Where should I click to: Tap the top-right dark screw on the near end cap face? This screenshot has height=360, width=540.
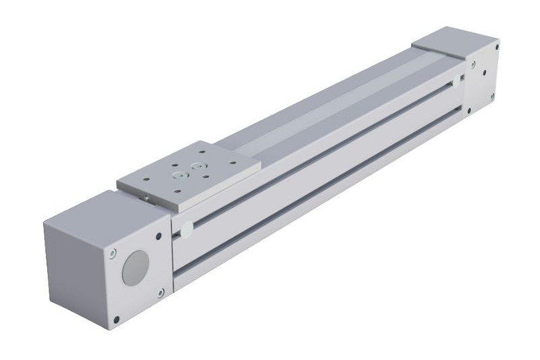coord(158,236)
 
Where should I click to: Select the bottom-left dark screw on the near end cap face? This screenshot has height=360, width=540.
coord(116,318)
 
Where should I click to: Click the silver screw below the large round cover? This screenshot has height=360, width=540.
coord(160,292)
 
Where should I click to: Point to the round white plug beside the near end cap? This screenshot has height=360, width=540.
coord(184,230)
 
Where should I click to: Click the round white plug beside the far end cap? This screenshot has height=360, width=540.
coord(458,81)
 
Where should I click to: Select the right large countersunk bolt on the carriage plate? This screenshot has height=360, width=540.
coord(198,164)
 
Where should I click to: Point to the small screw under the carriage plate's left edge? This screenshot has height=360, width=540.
coord(146,197)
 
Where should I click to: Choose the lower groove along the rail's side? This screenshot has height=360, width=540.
coord(324,196)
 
